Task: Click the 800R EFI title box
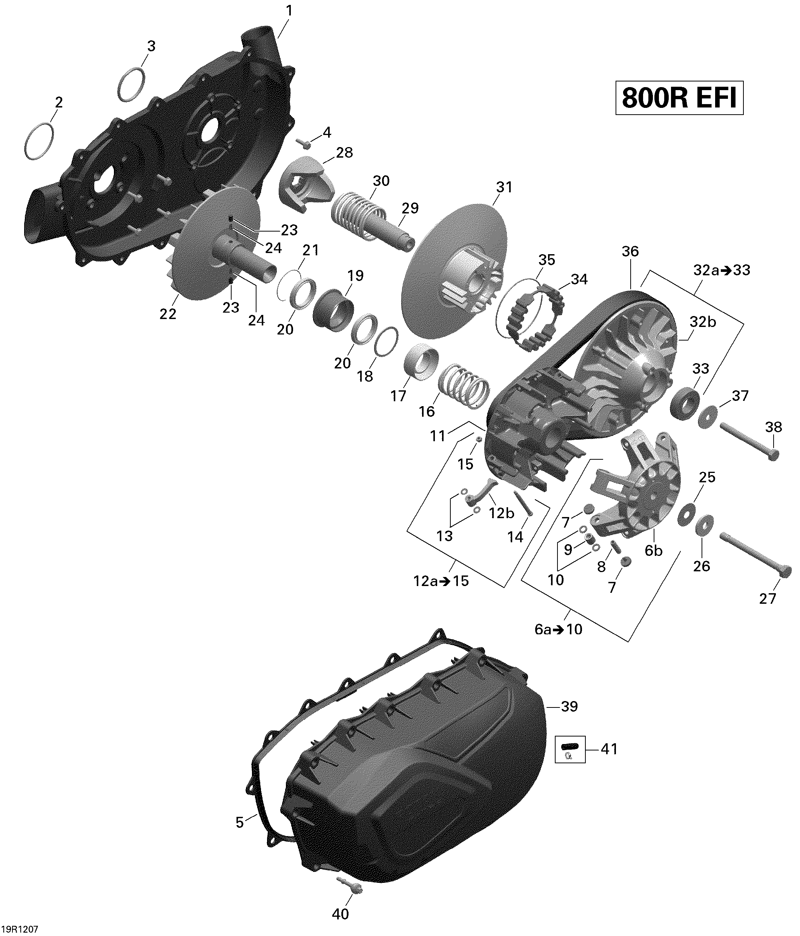(679, 98)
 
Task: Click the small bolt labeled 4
(304, 144)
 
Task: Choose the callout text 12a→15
(441, 581)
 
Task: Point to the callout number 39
(569, 706)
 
